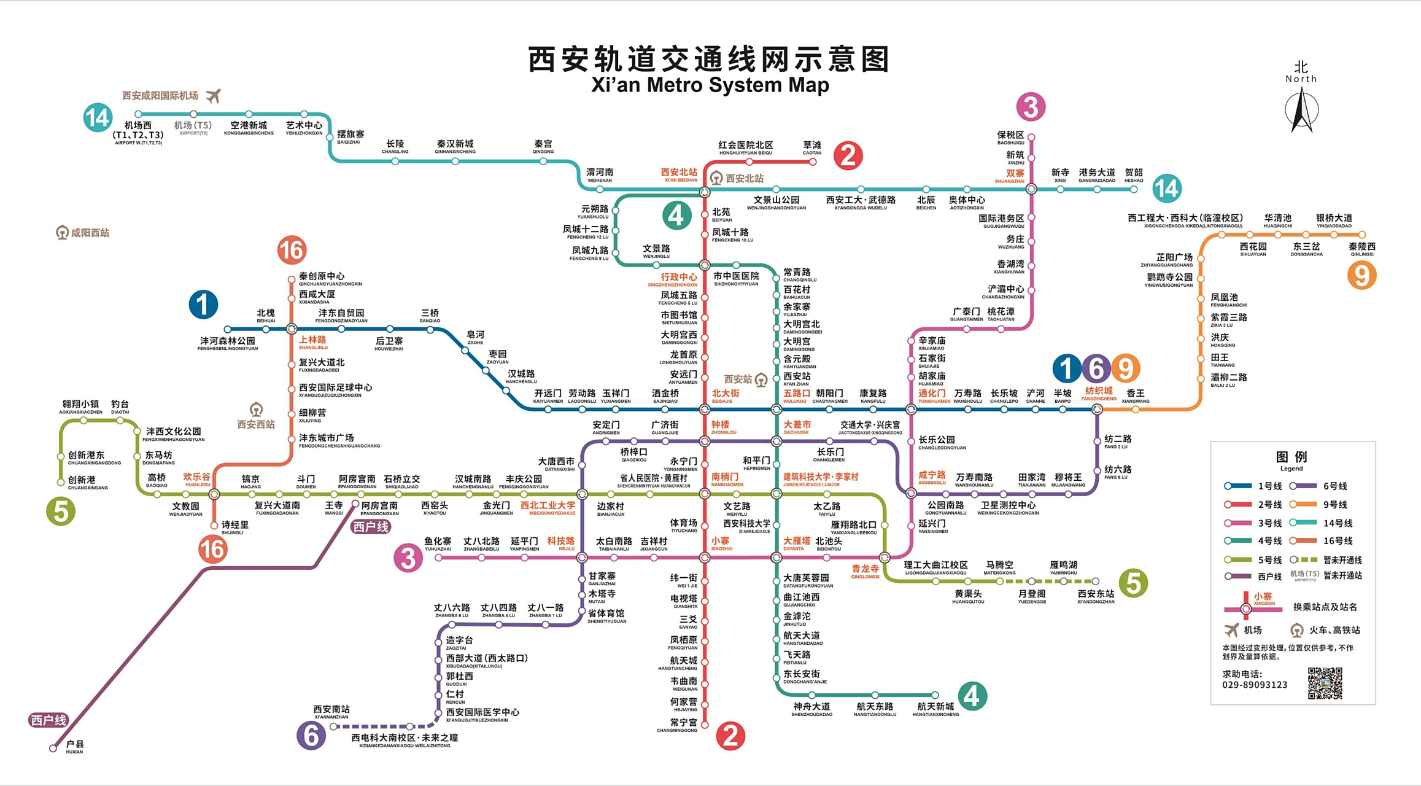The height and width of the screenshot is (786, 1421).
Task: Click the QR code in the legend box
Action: click(x=1325, y=683)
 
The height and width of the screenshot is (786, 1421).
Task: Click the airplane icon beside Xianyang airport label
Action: click(x=213, y=96)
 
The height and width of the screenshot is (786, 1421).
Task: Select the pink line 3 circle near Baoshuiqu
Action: click(x=1031, y=107)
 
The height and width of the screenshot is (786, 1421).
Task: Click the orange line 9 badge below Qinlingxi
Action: click(x=1361, y=275)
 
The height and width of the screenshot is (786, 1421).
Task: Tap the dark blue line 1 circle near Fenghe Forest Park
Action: click(x=203, y=305)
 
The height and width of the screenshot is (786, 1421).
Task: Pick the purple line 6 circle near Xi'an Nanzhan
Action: click(x=311, y=735)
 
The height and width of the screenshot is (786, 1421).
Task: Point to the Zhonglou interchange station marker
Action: click(x=705, y=441)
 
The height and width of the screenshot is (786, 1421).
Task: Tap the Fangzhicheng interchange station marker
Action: click(x=1097, y=410)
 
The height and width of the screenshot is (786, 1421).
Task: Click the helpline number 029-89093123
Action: click(x=1254, y=685)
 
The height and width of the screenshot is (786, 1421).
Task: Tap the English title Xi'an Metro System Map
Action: click(x=710, y=85)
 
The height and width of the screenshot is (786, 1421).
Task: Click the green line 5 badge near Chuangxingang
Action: click(x=61, y=511)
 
